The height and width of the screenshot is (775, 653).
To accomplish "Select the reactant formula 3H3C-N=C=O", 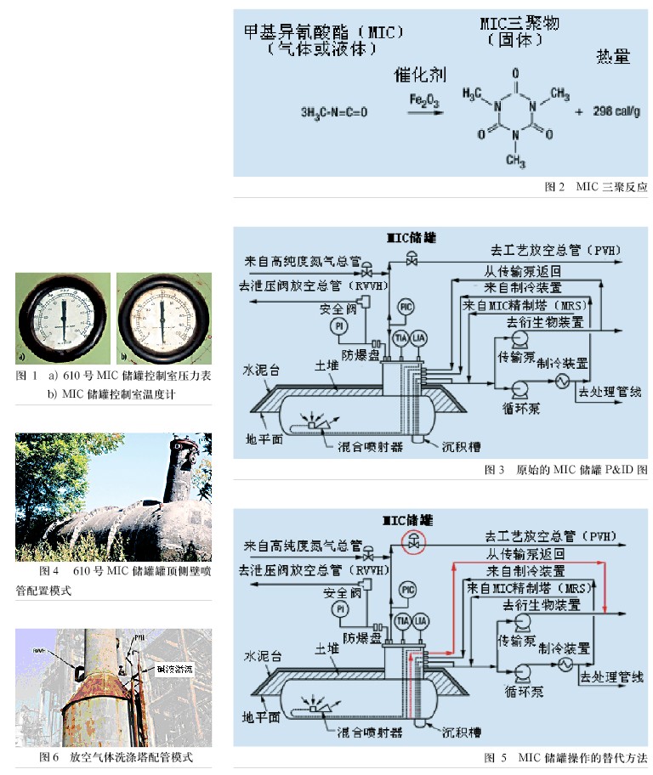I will [334, 112].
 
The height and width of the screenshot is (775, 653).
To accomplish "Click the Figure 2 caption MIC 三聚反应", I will [595, 186].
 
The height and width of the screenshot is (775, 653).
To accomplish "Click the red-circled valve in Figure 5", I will [413, 544].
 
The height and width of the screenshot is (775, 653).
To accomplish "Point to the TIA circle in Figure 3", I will [399, 337].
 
